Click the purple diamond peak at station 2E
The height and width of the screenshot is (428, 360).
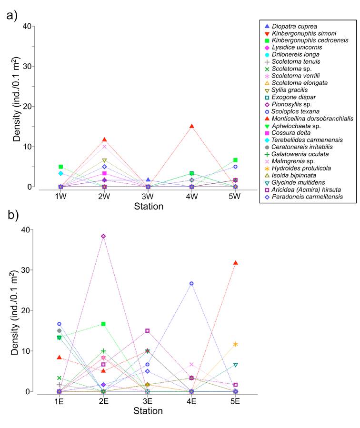tap(103, 236)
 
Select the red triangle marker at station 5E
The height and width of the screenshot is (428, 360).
tap(235, 263)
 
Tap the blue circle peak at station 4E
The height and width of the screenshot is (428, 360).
tap(191, 283)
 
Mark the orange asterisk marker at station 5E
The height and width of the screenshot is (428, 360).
tap(235, 344)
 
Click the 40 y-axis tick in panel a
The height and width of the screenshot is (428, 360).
tap(27, 26)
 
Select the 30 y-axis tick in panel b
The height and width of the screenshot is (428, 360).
tap(27, 270)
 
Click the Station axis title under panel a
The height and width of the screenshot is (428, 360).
tap(148, 207)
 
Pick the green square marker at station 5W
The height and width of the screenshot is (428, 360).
tap(235, 160)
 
